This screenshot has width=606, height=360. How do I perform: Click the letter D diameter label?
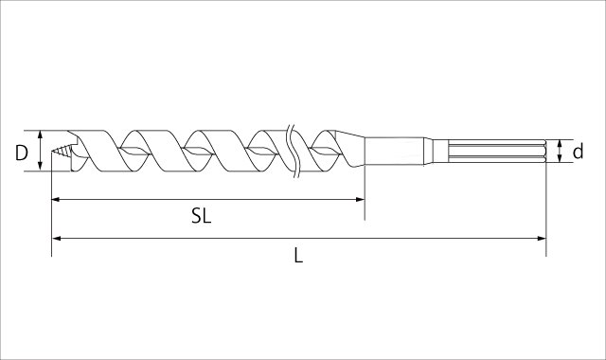pos(22,152)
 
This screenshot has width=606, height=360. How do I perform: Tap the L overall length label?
pos(298,254)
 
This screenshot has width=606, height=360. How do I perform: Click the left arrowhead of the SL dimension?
pos(55,200)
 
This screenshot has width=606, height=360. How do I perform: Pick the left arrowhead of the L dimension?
pos(55,238)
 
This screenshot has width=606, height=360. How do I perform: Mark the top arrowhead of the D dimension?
pos(40,134)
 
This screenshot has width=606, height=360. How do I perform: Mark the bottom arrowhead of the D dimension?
pos(40,168)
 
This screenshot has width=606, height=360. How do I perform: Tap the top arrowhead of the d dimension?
pos(561,142)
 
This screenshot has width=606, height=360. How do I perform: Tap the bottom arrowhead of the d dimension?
pos(561,159)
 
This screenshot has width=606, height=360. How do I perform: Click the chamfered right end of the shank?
pos(543,151)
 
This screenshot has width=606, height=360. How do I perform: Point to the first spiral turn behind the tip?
pos(95,150)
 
